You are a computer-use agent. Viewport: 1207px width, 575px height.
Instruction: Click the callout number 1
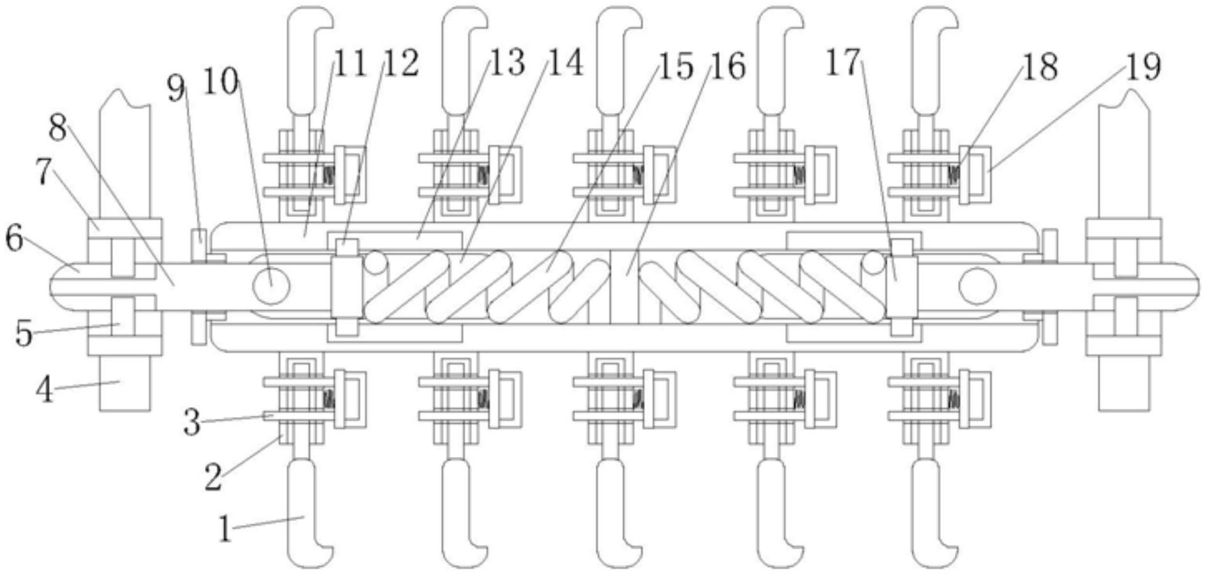[x=224, y=529]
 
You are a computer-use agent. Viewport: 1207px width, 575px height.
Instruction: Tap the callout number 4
[x=43, y=389]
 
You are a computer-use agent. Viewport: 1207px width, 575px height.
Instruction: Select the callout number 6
[x=14, y=239]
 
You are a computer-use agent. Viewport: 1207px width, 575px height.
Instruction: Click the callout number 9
[x=176, y=89]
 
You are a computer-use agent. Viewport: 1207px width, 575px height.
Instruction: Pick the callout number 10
[x=220, y=82]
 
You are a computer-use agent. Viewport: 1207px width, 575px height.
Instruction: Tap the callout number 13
[x=507, y=63]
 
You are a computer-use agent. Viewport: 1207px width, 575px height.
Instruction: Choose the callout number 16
[x=728, y=66]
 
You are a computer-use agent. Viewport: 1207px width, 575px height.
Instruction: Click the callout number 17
[x=843, y=63]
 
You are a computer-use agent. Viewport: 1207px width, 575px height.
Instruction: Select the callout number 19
[x=1142, y=66]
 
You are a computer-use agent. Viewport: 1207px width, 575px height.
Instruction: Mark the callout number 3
[x=192, y=422]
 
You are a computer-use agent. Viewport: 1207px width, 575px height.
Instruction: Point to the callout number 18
[x=1040, y=66]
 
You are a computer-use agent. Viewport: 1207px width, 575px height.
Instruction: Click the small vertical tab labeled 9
[x=199, y=244]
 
